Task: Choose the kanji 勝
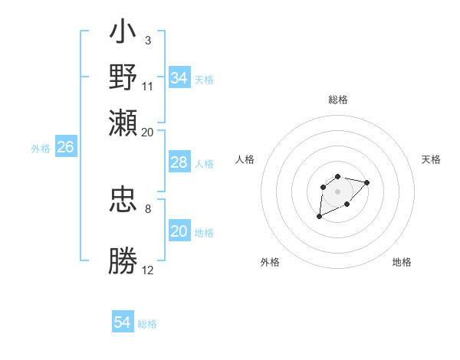(x=123, y=261)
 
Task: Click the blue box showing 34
(x=179, y=78)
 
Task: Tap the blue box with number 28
(x=179, y=162)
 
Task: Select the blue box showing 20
(x=179, y=232)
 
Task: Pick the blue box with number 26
(x=65, y=148)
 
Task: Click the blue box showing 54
(x=123, y=322)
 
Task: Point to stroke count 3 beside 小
(x=147, y=40)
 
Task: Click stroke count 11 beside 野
(x=147, y=85)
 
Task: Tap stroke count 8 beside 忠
(x=147, y=208)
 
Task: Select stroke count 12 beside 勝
(x=147, y=270)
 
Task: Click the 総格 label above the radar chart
(x=338, y=100)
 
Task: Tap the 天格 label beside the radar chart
(x=432, y=159)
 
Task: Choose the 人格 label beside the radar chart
(x=245, y=159)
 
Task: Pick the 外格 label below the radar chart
(x=270, y=262)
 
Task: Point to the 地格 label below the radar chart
(x=402, y=262)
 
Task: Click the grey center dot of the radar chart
(x=337, y=191)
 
